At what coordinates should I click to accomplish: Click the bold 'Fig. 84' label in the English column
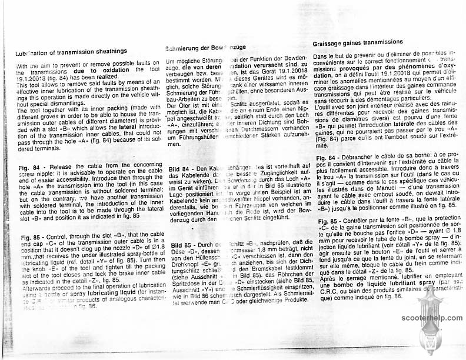point(27,166)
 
